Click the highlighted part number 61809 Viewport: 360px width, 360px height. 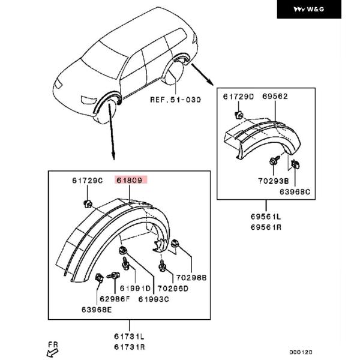click(131, 179)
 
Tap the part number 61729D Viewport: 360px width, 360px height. click(239, 96)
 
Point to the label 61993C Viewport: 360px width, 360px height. click(155, 298)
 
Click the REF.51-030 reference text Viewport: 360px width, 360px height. click(175, 100)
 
